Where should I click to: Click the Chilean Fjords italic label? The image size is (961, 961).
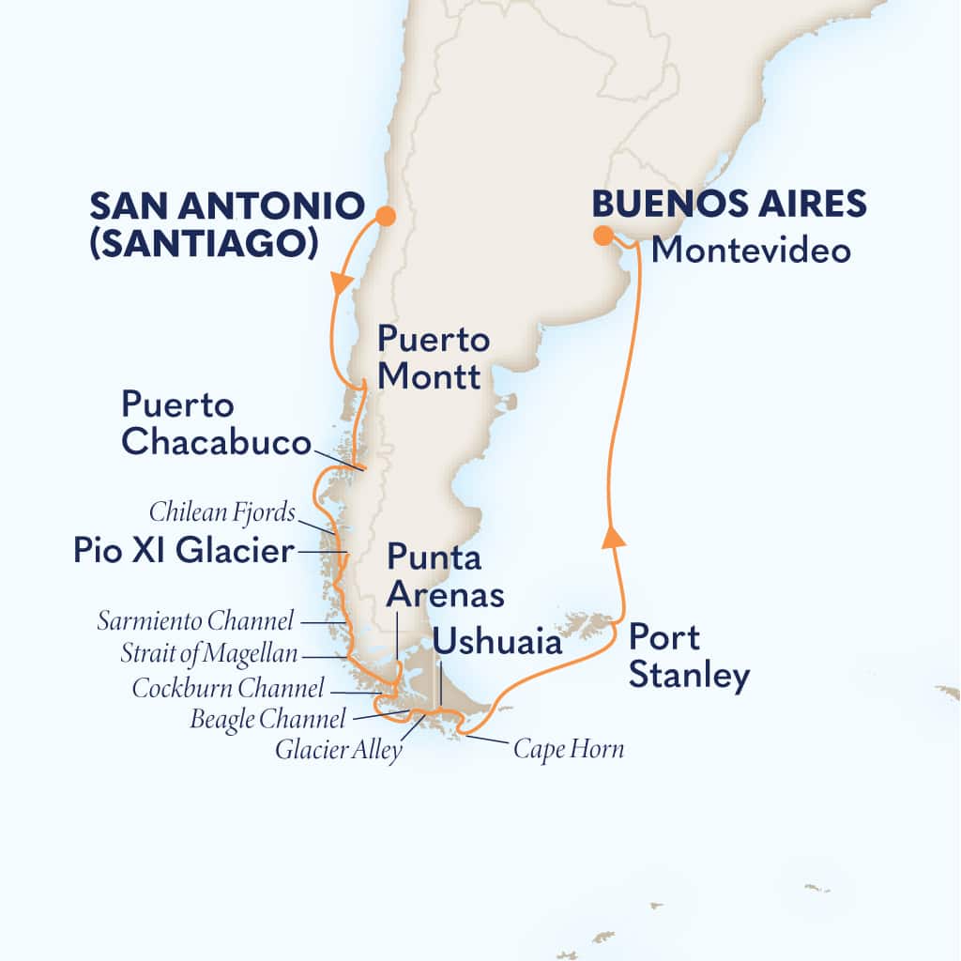(221, 512)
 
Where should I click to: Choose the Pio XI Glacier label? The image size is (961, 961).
(184, 552)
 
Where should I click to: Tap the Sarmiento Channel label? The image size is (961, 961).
(196, 620)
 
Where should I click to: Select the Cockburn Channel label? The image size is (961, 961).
(228, 688)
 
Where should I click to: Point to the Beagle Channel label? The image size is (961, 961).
(267, 720)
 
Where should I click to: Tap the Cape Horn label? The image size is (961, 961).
(568, 749)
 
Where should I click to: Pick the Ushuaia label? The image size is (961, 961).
(498, 643)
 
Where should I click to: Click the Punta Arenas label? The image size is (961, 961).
(446, 576)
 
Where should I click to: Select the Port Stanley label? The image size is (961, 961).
(689, 657)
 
